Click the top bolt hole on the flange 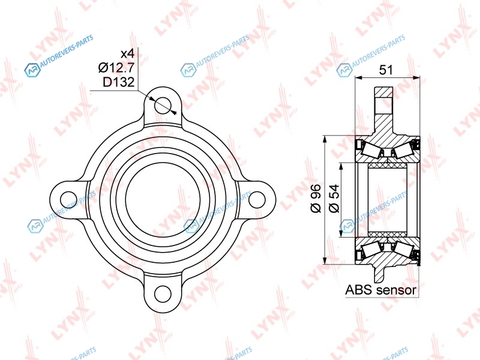(163, 106)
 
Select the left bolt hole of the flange (68, 200)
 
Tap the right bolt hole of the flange (257, 200)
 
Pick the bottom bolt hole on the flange (163, 293)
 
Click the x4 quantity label (127, 54)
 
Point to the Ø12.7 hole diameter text (116, 67)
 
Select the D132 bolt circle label (118, 82)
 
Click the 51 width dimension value (386, 70)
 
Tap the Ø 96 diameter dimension (316, 199)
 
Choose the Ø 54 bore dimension (334, 199)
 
